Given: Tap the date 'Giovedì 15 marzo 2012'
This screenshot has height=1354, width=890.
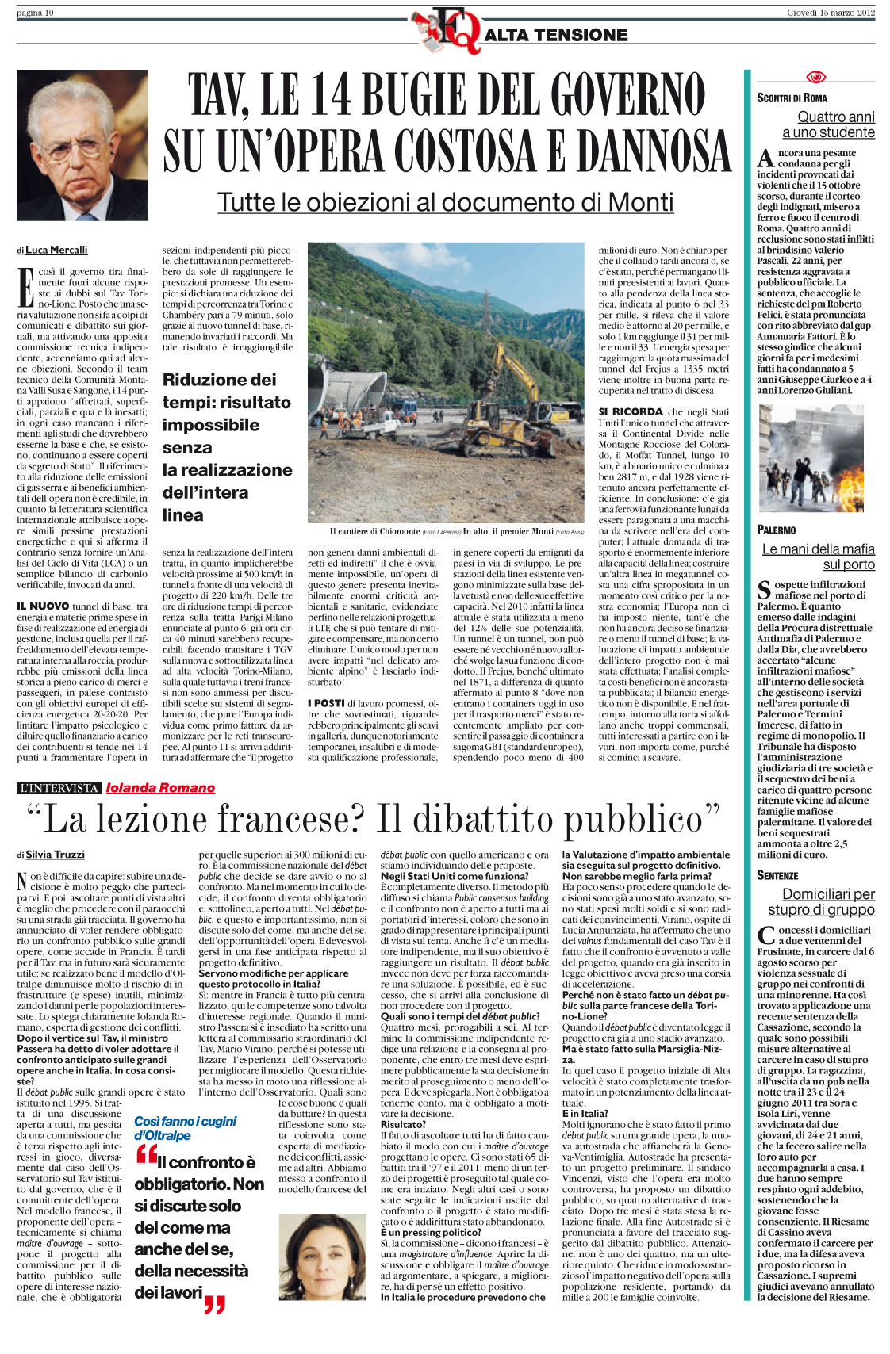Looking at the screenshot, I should pos(831,13).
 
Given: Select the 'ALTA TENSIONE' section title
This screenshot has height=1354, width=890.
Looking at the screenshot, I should pos(555,35).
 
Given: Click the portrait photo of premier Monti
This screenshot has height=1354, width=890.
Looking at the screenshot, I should pos(82,145).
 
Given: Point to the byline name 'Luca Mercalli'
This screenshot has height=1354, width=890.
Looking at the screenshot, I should pos(56,250).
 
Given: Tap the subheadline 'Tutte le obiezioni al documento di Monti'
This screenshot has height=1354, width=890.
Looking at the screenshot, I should pos(445,202).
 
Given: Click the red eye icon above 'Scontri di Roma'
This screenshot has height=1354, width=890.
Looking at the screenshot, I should pos(815,77).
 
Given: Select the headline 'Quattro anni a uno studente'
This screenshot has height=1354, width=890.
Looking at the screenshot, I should pos(827,124).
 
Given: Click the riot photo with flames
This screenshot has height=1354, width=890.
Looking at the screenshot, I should pos(811,457).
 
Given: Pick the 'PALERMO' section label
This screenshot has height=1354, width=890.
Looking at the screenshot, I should pos(777,530).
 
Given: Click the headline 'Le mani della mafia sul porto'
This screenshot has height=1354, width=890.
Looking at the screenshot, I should pos(818,557).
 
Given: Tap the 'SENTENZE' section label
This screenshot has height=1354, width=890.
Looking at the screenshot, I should pos(777,875).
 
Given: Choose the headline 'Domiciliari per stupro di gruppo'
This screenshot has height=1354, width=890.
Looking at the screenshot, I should pos(820,901).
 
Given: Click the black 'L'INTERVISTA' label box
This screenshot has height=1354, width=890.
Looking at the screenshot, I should pos(59,787).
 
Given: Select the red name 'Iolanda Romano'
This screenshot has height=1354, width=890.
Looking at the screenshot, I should pos(160,787).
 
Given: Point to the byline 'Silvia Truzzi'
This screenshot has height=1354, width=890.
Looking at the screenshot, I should pos(55,855).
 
